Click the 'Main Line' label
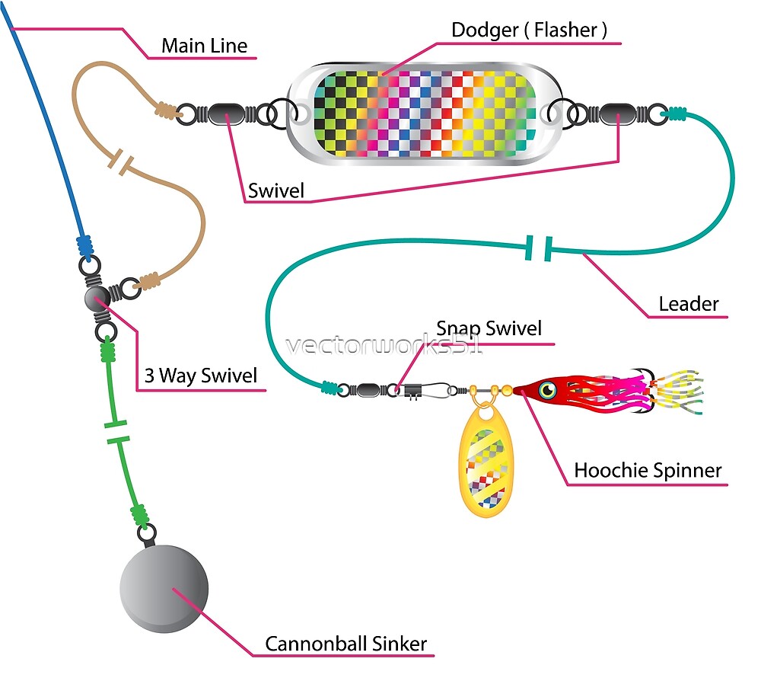pyautogui.click(x=204, y=46)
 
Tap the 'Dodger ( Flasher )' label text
pyautogui.click(x=529, y=30)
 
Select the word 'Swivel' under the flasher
pyautogui.click(x=275, y=190)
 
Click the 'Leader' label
pyautogui.click(x=688, y=304)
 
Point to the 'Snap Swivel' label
pyautogui.click(x=489, y=328)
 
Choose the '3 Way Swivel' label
pyautogui.click(x=201, y=376)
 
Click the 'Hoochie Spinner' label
pyautogui.click(x=647, y=470)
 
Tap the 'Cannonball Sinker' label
pyautogui.click(x=345, y=644)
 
